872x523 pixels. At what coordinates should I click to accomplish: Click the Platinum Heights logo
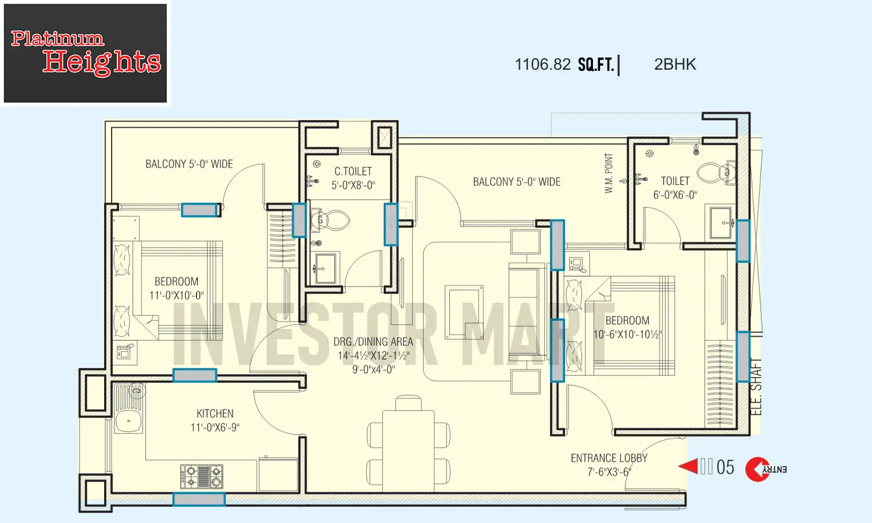tap(85, 53)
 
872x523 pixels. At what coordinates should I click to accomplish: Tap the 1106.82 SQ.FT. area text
tap(564, 65)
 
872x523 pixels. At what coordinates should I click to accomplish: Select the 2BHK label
tap(674, 65)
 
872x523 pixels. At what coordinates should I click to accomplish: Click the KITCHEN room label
tap(215, 414)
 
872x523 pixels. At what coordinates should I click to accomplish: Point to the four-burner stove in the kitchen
tap(201, 476)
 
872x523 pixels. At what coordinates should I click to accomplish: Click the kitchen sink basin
tap(128, 421)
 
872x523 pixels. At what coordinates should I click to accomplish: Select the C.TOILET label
tap(353, 171)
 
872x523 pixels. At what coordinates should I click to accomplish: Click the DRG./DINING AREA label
tap(373, 342)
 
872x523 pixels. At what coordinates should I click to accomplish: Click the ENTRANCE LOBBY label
tap(609, 458)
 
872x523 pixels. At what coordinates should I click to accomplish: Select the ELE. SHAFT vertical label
tap(756, 386)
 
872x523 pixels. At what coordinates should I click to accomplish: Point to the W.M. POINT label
tap(609, 173)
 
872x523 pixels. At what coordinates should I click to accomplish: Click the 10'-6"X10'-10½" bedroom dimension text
tap(627, 335)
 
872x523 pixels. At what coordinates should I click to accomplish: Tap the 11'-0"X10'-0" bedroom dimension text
tap(176, 295)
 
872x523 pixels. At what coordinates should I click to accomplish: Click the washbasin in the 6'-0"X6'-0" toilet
tap(722, 223)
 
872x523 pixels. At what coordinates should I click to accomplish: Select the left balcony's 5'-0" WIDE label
tap(189, 164)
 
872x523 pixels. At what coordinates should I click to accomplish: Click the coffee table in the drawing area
tap(464, 311)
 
